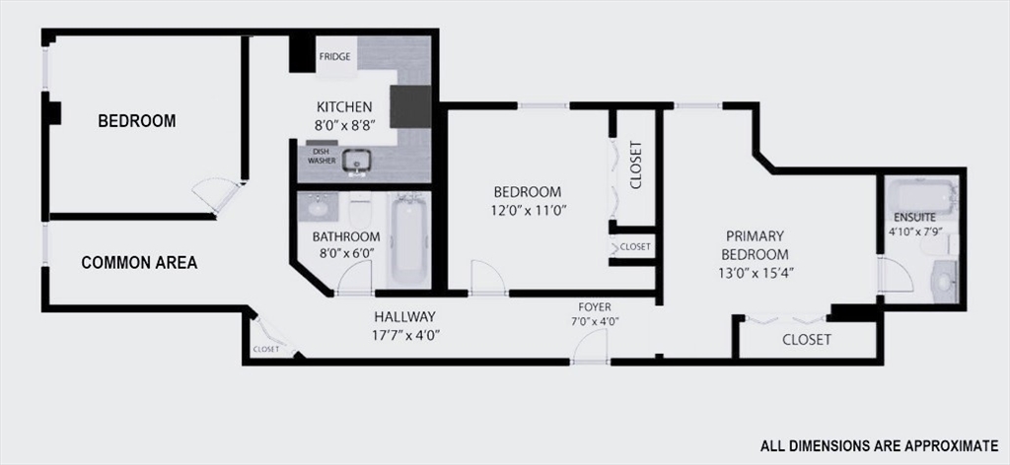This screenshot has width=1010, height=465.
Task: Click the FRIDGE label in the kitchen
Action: (x=333, y=58)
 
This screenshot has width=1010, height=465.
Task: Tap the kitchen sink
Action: (x=356, y=159)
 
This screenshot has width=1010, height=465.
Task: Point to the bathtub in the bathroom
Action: (x=407, y=238)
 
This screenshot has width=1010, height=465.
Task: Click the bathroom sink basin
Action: (x=320, y=207)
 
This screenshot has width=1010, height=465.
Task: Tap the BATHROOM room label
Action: (x=346, y=236)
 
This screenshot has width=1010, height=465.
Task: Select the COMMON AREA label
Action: (x=139, y=263)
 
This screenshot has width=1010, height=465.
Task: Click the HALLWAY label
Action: (x=404, y=316)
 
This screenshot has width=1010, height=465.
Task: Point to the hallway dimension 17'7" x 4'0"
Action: (x=405, y=334)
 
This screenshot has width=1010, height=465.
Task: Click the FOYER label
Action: (x=595, y=306)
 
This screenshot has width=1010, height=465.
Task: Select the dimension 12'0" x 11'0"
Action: (x=528, y=210)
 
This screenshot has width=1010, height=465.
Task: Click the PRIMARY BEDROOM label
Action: (x=755, y=244)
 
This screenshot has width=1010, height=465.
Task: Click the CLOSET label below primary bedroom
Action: (x=806, y=340)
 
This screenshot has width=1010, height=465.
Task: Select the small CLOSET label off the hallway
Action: (x=265, y=349)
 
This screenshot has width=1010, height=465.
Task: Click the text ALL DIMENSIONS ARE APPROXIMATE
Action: (x=878, y=443)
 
